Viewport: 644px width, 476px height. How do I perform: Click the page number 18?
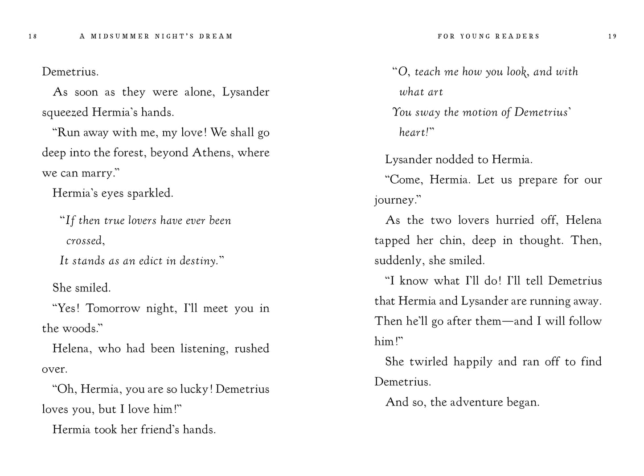coord(33,37)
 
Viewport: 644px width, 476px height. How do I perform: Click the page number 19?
coord(612,37)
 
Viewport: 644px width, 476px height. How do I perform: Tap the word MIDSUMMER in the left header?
coord(120,37)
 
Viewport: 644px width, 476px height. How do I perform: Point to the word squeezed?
coord(65,112)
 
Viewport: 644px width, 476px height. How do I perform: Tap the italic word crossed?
coord(84,241)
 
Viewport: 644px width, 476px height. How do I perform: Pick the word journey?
coord(394,201)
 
